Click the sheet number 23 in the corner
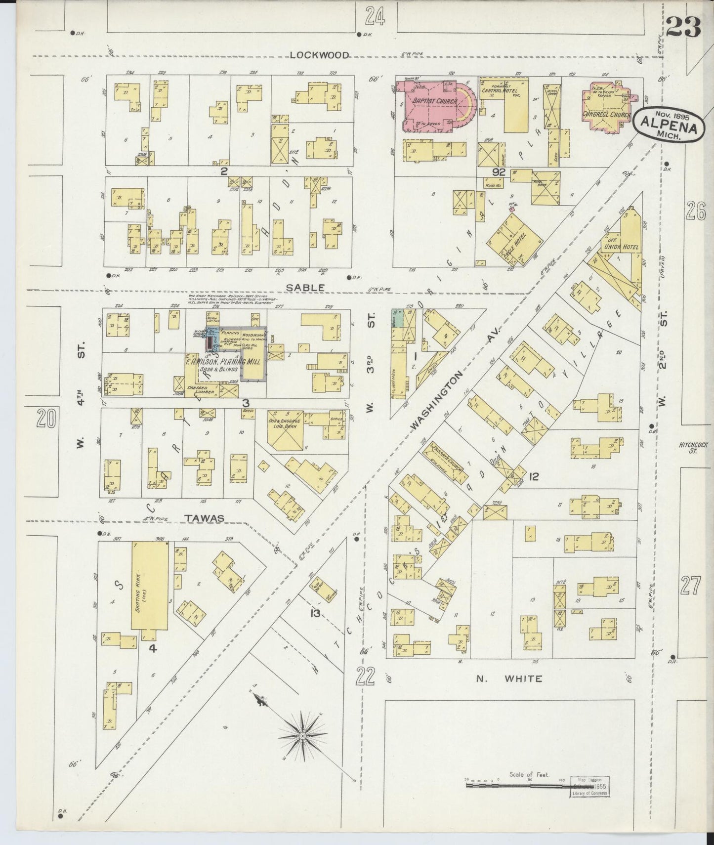coord(683,27)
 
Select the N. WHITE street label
coord(509,678)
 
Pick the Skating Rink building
coord(149,586)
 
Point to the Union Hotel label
coord(620,247)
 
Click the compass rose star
coord(301,736)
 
